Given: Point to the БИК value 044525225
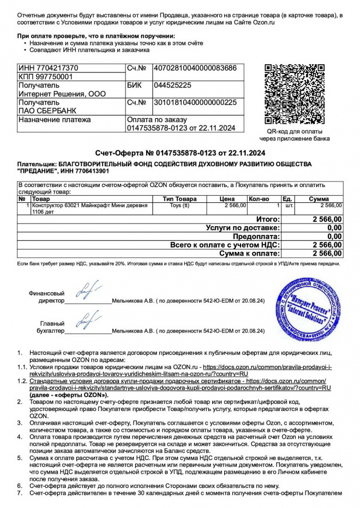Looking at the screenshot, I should click(x=173, y=86).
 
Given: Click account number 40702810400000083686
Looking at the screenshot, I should click(x=196, y=68).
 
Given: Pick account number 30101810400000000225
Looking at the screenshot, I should click(x=196, y=102).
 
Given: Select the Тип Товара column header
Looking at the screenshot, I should click(x=179, y=199).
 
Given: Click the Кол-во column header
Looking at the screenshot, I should click(x=259, y=199).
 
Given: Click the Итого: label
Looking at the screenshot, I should click(x=268, y=219).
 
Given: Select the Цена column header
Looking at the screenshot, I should click(x=227, y=199).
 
